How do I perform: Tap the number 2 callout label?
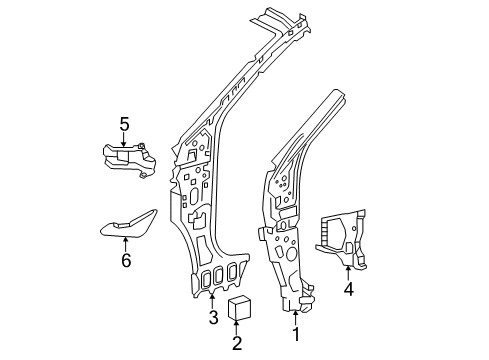(237, 345)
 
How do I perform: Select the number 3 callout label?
(213, 319)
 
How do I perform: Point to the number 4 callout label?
(349, 291)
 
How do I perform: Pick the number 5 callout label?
(124, 124)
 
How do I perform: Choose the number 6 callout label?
(126, 260)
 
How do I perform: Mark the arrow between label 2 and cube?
(237, 329)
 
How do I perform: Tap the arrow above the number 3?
(213, 302)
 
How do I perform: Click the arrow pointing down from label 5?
(124, 141)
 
